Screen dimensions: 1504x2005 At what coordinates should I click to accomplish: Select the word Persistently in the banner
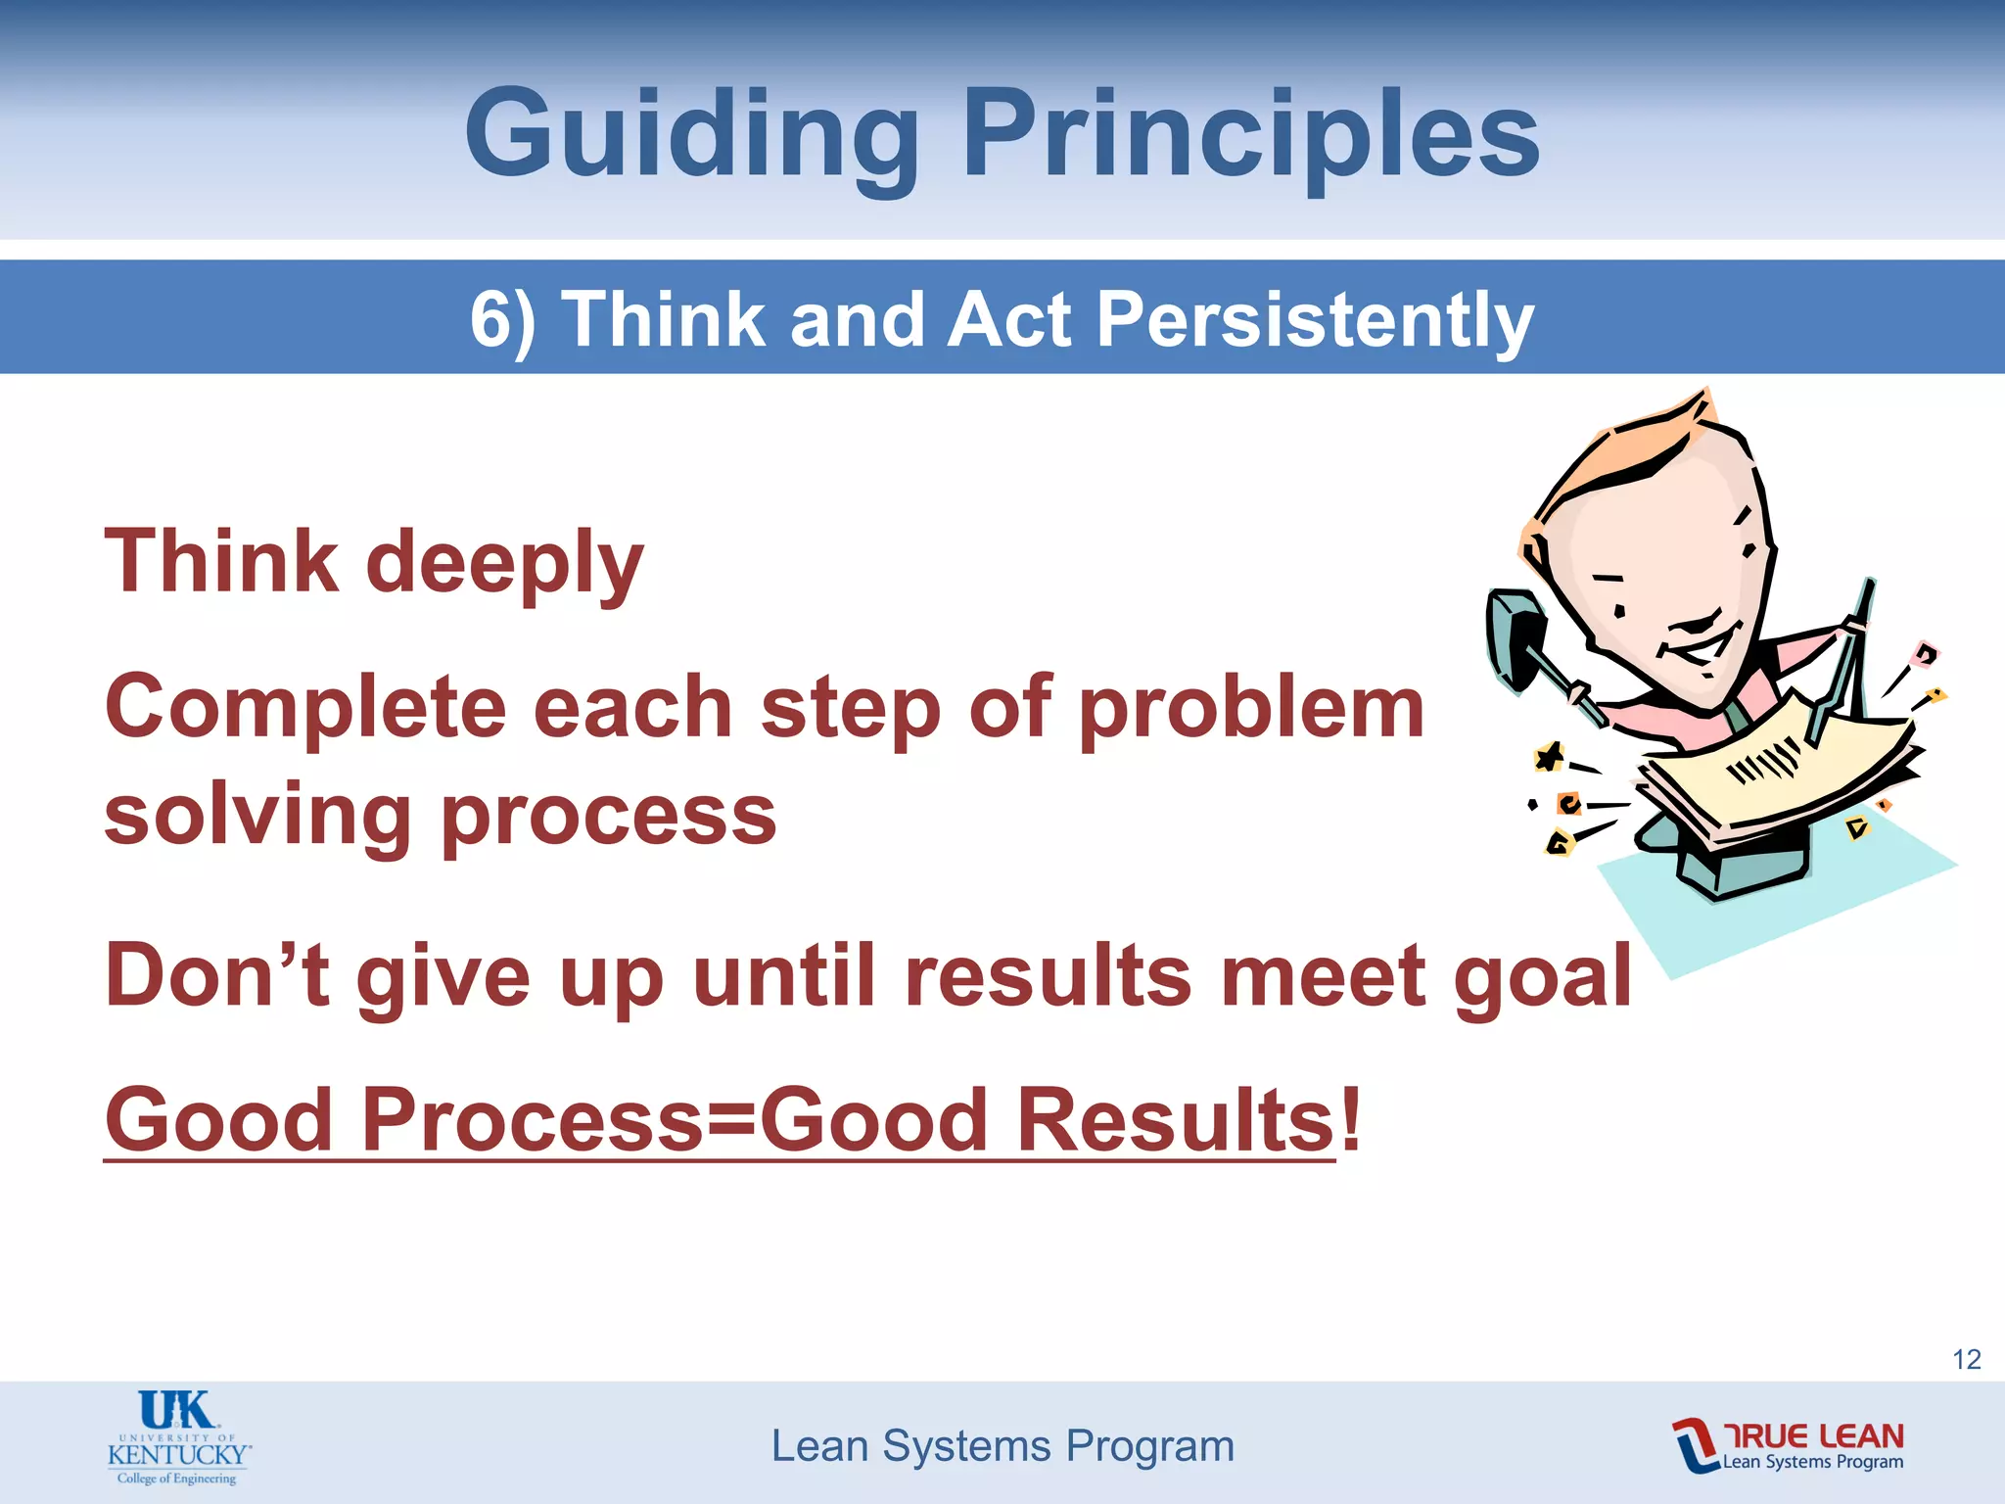click(x=1315, y=319)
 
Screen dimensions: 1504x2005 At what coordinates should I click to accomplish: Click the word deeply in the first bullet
click(x=504, y=562)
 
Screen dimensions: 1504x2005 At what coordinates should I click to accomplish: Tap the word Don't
click(x=217, y=975)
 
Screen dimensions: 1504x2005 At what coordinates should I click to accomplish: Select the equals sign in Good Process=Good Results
click(x=730, y=1119)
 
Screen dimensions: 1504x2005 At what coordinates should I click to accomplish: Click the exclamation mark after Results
click(x=1351, y=1119)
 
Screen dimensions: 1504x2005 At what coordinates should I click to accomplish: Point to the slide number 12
click(x=1966, y=1359)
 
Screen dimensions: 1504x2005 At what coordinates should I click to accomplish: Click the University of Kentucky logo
click(x=178, y=1436)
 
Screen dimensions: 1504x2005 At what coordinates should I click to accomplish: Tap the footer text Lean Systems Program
click(x=1002, y=1446)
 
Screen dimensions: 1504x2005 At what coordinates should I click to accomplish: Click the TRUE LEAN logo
click(x=1788, y=1445)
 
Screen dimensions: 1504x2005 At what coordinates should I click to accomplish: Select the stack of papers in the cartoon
click(x=1777, y=774)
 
